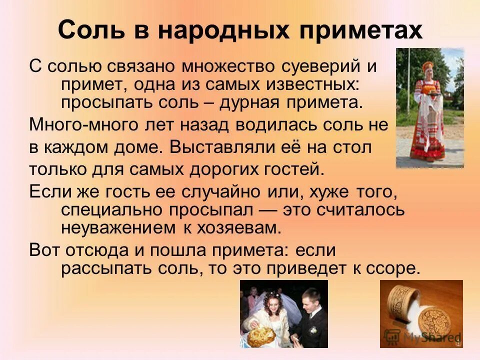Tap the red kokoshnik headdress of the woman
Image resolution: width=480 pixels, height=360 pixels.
(428, 65)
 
